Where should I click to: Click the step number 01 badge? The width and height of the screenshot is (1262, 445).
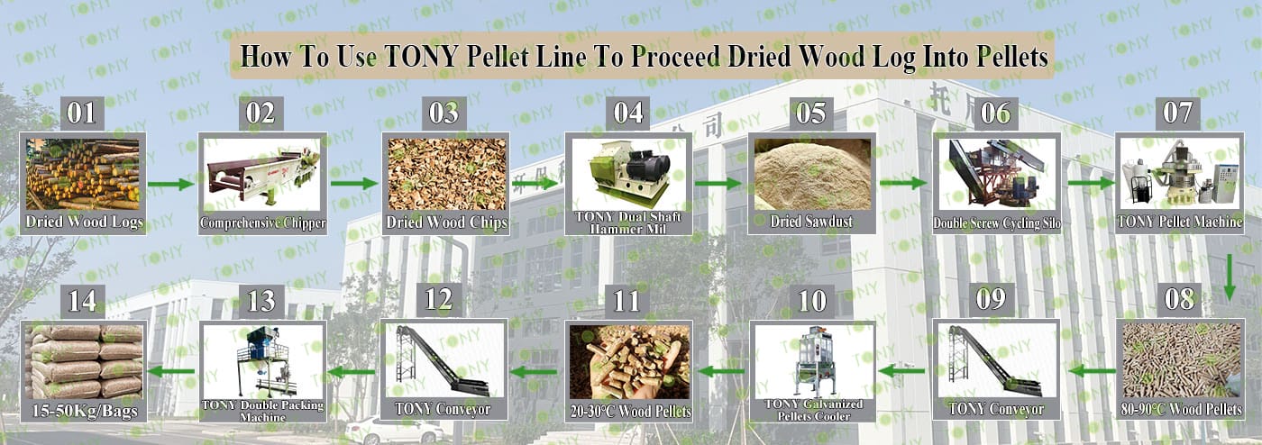(x=82, y=114)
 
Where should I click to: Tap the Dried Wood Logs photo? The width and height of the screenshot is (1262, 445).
(x=83, y=174)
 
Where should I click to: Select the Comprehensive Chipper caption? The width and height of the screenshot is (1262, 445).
(x=262, y=223)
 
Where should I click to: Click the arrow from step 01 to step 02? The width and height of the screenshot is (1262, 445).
(x=170, y=184)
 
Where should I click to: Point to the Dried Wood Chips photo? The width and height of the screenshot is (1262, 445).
(x=445, y=174)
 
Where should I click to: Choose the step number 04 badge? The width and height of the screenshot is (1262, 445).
(x=628, y=114)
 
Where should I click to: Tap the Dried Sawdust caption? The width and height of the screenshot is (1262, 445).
(x=811, y=222)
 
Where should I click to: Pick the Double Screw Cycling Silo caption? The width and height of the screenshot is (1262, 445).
(x=996, y=223)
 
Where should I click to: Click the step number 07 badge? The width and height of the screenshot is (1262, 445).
(x=1178, y=114)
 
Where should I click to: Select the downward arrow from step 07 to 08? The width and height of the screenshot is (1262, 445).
(x=1230, y=277)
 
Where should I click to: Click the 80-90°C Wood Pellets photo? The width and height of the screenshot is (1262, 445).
(x=1181, y=360)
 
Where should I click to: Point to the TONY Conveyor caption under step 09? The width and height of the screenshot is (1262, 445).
(x=996, y=409)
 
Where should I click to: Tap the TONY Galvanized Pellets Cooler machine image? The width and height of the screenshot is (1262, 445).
(x=813, y=361)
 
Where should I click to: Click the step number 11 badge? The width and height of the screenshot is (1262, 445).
(x=627, y=300)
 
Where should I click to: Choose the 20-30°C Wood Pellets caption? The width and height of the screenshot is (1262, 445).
(x=630, y=412)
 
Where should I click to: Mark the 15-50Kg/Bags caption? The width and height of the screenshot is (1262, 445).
(x=84, y=411)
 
